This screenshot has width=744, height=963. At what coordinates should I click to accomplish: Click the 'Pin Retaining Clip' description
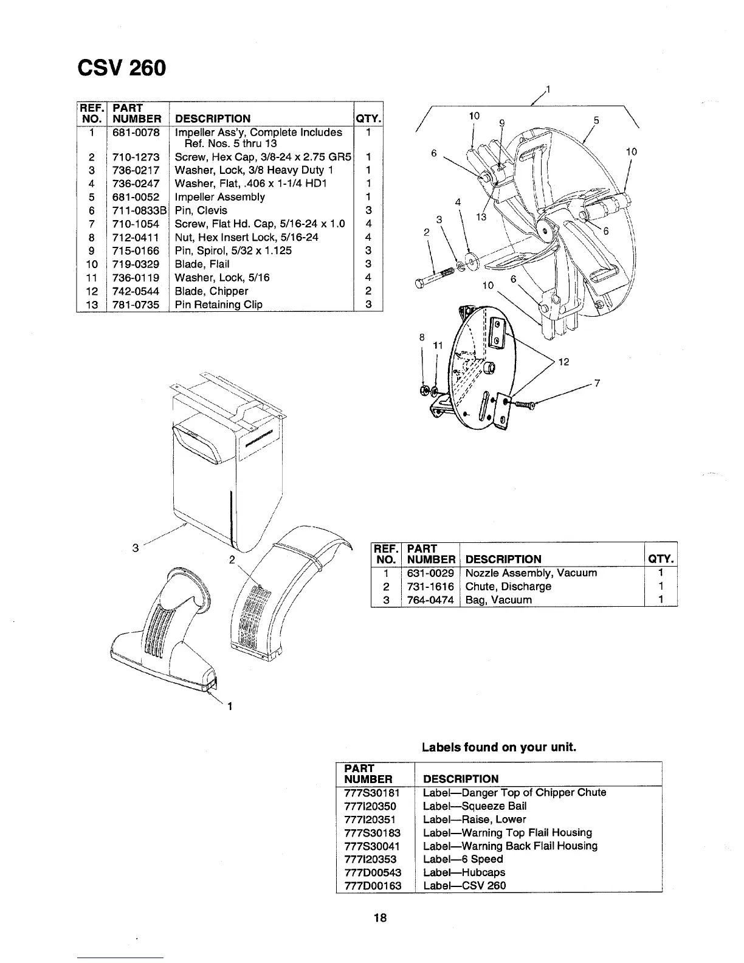218,305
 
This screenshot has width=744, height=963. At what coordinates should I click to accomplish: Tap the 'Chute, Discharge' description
508,587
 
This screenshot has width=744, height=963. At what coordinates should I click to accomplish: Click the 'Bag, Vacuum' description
498,600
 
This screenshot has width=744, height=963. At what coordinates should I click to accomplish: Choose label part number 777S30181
371,793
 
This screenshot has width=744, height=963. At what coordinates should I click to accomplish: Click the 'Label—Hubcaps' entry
463,872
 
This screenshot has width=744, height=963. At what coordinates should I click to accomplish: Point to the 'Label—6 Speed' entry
463,859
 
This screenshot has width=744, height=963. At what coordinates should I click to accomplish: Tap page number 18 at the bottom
381,918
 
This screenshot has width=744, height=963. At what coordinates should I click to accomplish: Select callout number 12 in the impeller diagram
563,362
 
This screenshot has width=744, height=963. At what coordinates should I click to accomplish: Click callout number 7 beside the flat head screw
598,383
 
